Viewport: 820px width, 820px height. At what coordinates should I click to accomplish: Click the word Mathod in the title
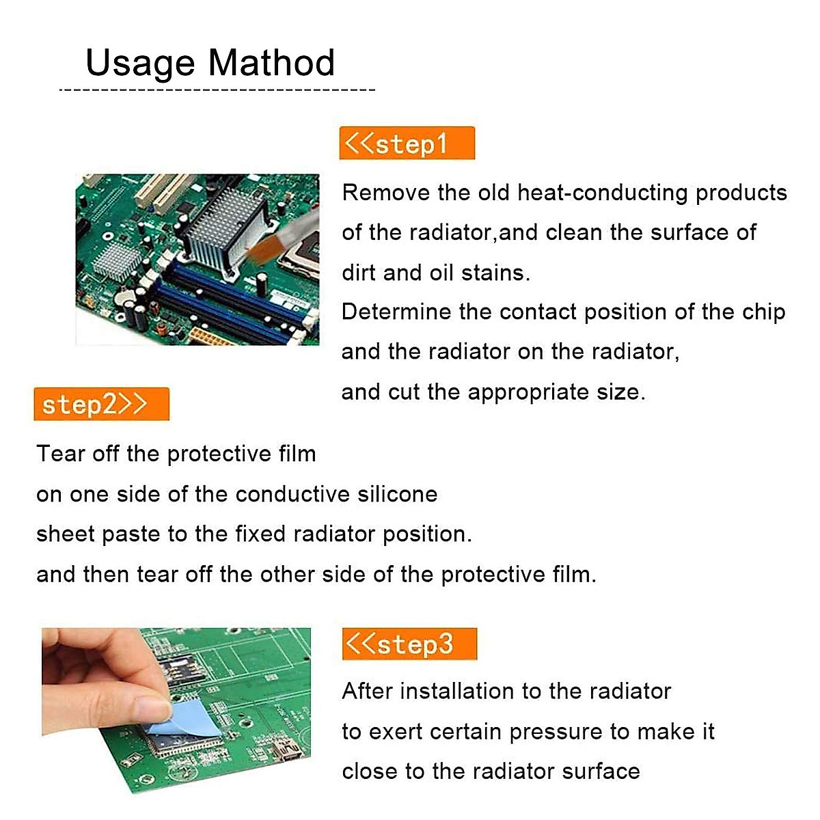click(271, 63)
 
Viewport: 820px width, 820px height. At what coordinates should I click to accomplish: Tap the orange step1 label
click(407, 143)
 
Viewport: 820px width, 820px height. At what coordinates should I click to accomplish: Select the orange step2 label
click(101, 404)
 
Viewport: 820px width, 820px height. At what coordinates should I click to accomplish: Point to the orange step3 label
click(409, 644)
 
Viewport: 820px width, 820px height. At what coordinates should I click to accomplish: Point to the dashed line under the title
click(217, 90)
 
